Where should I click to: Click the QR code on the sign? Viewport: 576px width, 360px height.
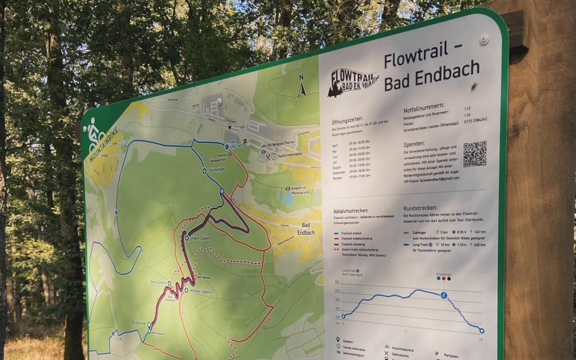[x=475, y=154]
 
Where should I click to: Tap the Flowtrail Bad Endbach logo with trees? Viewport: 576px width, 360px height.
[x=353, y=82]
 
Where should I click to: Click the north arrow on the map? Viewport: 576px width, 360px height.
[x=301, y=90]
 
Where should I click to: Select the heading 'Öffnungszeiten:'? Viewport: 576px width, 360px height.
[x=347, y=119]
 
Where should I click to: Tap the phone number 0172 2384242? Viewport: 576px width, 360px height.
[x=475, y=119]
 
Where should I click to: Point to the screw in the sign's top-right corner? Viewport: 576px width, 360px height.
[x=484, y=40]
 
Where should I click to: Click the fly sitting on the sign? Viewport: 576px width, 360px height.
[x=473, y=86]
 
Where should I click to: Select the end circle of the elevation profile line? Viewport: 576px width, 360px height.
[x=481, y=331]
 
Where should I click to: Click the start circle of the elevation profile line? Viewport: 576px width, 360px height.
[x=344, y=316]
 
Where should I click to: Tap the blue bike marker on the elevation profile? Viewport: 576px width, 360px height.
[x=444, y=296]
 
